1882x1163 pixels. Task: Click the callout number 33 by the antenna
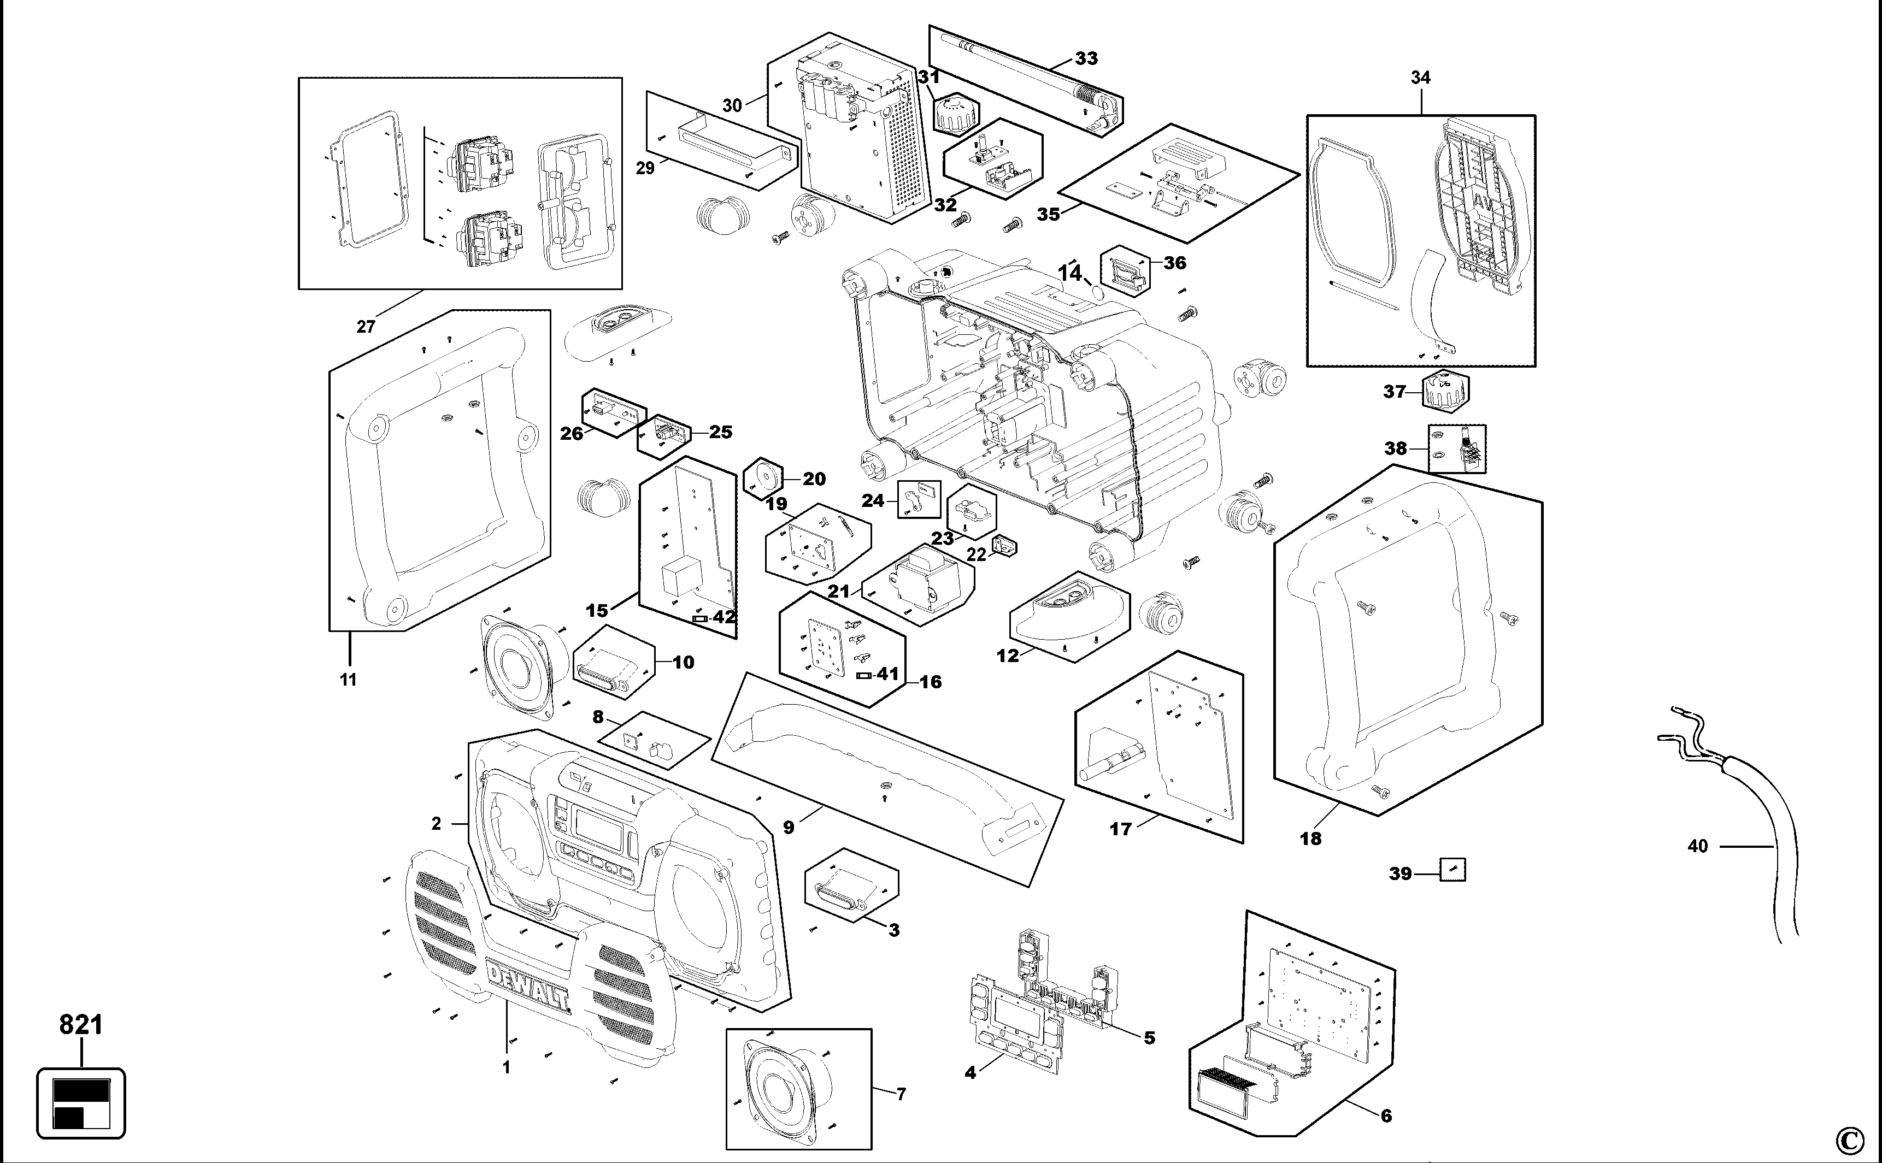tap(1086, 58)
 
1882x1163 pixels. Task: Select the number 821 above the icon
tap(81, 1025)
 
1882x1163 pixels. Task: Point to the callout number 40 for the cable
tap(1697, 846)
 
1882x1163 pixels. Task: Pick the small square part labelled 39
tap(1452, 870)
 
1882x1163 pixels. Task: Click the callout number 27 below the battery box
tap(366, 327)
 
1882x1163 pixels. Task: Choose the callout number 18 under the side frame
tap(1310, 839)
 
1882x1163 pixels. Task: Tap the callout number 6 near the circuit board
tap(1386, 1115)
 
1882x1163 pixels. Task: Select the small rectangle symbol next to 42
tap(700, 618)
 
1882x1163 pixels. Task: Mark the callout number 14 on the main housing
tap(1069, 274)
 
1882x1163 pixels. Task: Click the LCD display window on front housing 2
tap(593, 825)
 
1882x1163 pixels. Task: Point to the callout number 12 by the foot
tap(1007, 656)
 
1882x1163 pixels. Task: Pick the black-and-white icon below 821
tap(81, 1103)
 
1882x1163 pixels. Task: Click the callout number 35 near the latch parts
tap(1048, 215)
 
